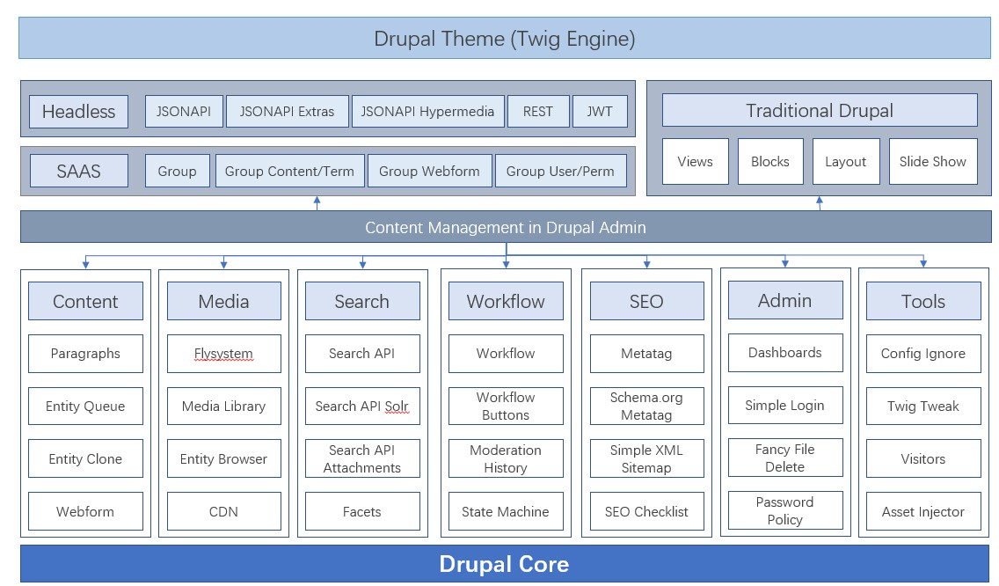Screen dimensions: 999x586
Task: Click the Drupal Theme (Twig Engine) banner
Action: coord(505,38)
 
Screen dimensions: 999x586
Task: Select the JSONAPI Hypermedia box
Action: coord(427,112)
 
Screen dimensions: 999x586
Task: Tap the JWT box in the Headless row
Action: coord(600,112)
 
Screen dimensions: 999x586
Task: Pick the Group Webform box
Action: coord(429,171)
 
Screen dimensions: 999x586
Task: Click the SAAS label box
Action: coord(79,171)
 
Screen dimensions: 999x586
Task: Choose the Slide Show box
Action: coord(933,161)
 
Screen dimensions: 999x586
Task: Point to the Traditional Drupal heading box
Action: coord(820,110)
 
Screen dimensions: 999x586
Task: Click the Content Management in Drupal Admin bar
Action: coord(506,227)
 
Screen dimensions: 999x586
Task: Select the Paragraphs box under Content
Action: coord(85,353)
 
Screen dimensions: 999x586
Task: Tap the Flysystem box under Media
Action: coord(223,353)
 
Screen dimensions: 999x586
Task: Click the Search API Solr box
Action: coord(362,407)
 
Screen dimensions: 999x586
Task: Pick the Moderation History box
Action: coord(506,458)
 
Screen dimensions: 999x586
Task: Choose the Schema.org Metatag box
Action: coord(646,407)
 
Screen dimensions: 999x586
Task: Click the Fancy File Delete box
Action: coord(785,458)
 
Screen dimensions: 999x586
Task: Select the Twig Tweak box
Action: coord(923,407)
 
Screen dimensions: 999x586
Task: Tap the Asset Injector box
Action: coord(923,511)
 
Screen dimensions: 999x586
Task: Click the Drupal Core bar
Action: coord(505,564)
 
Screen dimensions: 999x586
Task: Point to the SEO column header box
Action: coord(646,301)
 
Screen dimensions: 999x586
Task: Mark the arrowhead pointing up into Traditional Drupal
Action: coord(820,201)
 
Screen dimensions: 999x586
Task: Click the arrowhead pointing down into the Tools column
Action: coord(923,263)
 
